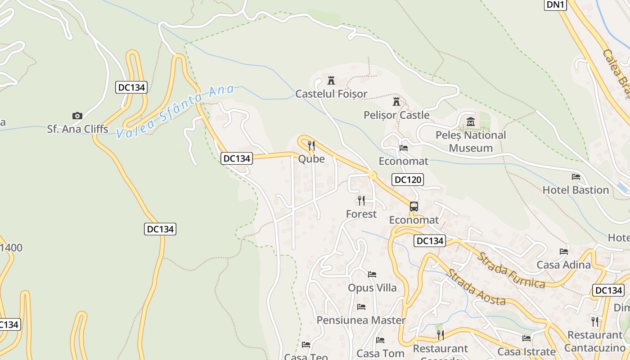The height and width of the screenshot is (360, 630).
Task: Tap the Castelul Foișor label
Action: tap(331, 94)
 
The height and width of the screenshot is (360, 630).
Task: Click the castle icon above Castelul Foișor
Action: tap(331, 81)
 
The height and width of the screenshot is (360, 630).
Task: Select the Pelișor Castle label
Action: tap(396, 115)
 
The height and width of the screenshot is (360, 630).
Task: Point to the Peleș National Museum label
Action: tap(471, 141)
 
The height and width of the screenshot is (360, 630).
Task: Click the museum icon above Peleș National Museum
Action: tap(471, 121)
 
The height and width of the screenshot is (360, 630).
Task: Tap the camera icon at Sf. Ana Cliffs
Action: tap(77, 116)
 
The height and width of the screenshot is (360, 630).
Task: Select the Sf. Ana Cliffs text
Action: tap(77, 129)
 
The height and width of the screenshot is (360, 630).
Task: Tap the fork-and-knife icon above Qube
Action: tap(311, 145)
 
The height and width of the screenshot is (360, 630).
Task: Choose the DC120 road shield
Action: tap(408, 180)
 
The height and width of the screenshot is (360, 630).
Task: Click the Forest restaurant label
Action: tap(361, 214)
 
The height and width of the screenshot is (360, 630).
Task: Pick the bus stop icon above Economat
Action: tap(414, 207)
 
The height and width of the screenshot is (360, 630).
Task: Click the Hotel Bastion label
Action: tap(576, 190)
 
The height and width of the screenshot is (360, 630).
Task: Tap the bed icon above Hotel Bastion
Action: tap(576, 177)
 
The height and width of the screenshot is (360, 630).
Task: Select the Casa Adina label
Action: tap(563, 265)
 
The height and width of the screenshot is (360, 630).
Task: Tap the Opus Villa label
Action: tap(372, 288)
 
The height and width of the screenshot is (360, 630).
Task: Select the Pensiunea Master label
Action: tap(361, 320)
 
